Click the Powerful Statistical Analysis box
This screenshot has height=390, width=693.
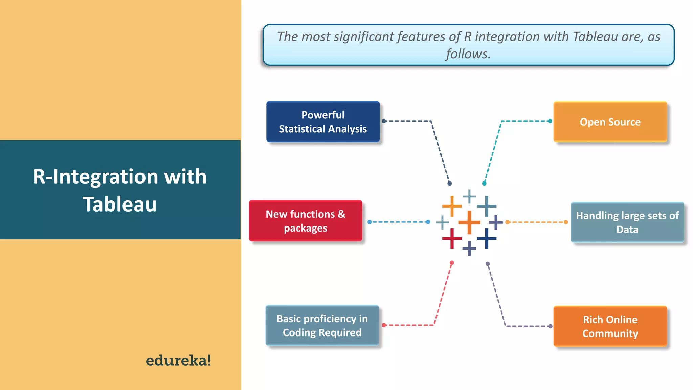click(323, 122)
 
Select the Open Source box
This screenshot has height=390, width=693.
click(610, 122)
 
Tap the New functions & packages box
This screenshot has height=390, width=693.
click(305, 221)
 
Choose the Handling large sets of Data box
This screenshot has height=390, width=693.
click(627, 222)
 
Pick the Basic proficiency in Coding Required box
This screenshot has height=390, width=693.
click(322, 325)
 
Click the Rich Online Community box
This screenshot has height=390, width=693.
click(610, 326)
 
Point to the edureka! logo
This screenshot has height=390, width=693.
click(178, 360)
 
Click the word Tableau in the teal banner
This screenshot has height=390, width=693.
click(120, 204)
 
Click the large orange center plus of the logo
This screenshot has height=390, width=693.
click(469, 222)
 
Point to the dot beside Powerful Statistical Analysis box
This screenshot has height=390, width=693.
click(384, 121)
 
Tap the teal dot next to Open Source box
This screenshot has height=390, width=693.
click(550, 121)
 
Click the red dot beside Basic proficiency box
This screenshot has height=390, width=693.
click(384, 325)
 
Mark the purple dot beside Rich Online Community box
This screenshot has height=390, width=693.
click(550, 326)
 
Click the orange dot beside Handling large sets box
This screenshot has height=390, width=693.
click(566, 222)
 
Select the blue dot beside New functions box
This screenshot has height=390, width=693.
click(370, 222)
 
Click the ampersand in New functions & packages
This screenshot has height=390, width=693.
click(341, 214)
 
